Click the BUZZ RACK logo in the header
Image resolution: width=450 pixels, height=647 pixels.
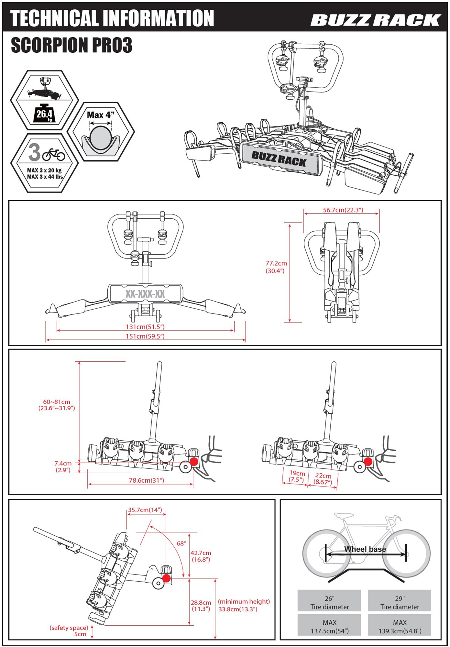pos(375,20)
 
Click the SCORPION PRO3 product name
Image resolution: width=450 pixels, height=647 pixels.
pos(71,45)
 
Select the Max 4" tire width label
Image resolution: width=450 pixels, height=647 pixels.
pos(101,115)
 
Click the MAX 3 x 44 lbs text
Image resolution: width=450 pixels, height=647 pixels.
pos(45,177)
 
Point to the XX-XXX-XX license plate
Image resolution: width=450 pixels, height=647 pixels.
pos(145,294)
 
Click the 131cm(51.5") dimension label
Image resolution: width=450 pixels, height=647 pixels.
pos(145,327)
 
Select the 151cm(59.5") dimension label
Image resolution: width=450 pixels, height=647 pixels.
pos(145,336)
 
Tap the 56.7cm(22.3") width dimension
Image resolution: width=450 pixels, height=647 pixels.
pos(343,210)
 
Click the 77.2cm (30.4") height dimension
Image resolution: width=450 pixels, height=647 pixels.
pos(276,267)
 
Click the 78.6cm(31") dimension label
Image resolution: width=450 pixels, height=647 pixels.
pos(146,480)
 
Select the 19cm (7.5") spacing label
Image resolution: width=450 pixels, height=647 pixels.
pos(297,476)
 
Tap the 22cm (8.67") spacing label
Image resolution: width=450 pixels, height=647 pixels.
pos(323,479)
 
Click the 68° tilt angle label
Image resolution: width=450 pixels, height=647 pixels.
pos(181,543)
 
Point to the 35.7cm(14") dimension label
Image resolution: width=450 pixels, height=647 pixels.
pos(145,510)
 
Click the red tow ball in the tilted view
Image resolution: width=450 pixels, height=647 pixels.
pos(166,578)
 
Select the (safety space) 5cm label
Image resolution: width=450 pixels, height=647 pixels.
pos(69,631)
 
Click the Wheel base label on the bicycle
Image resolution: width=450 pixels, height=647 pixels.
pos(365,549)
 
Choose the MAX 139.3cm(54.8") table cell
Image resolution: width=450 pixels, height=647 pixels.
pos(400,627)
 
